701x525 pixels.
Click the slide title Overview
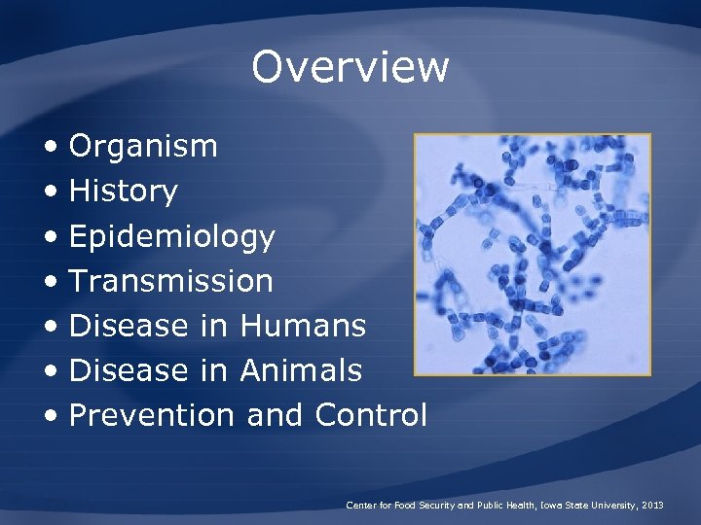pyautogui.click(x=350, y=67)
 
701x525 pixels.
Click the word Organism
pyautogui.click(x=143, y=147)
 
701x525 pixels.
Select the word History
pyautogui.click(x=123, y=192)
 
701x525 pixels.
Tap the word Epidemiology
pyautogui.click(x=172, y=237)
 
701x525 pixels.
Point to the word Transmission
pyautogui.click(x=171, y=281)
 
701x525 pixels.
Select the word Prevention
pyautogui.click(x=152, y=415)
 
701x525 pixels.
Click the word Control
pyautogui.click(x=371, y=415)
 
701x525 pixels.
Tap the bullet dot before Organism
pyautogui.click(x=51, y=148)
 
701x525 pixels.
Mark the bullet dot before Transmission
pyautogui.click(x=51, y=282)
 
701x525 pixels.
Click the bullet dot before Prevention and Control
pyautogui.click(x=51, y=416)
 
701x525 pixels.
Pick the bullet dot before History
pyautogui.click(x=51, y=192)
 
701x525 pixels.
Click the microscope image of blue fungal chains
pyautogui.click(x=532, y=255)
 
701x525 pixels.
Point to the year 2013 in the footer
pyautogui.click(x=653, y=506)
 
